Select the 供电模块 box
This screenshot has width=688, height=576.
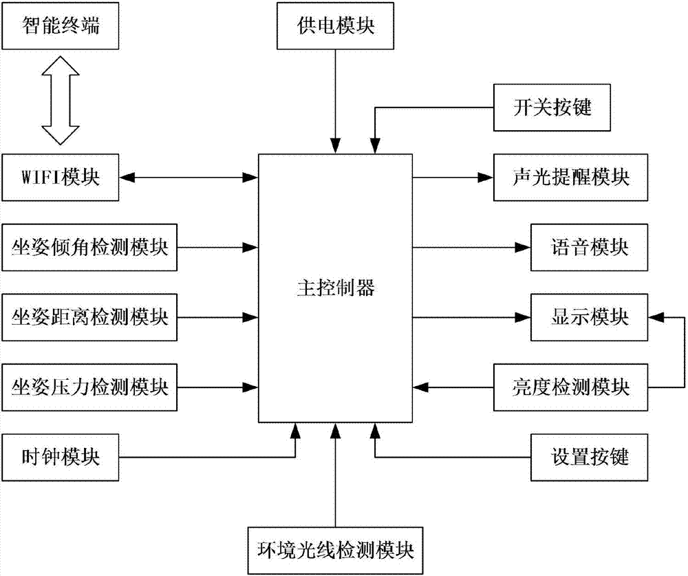tap(335, 28)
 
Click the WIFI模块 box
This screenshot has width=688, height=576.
tap(61, 178)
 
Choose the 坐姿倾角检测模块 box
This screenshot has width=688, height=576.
tap(90, 248)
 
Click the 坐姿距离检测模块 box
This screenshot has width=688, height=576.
tap(90, 317)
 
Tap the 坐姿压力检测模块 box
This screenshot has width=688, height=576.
tap(90, 387)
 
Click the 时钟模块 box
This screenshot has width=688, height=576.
tap(61, 457)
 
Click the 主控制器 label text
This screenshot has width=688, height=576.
tap(335, 288)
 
